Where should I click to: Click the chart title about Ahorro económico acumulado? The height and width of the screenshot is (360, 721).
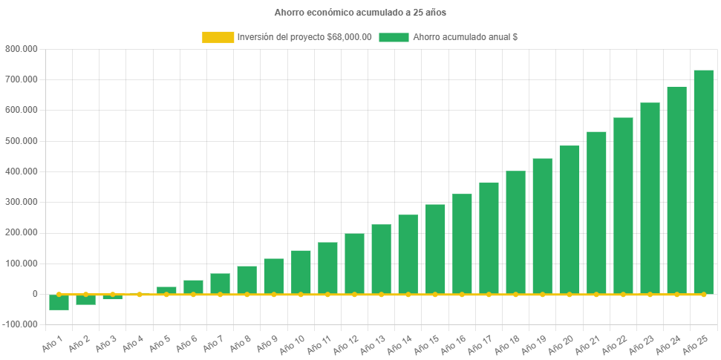tap(360, 13)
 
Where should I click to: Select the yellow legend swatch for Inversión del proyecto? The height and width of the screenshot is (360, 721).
tap(218, 37)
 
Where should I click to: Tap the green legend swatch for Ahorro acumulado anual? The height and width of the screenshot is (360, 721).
tap(394, 37)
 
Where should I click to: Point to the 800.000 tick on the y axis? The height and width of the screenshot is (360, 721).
tap(22, 49)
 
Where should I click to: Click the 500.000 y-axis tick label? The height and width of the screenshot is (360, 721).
tap(22, 141)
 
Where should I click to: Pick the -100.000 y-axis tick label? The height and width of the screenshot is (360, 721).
tap(20, 325)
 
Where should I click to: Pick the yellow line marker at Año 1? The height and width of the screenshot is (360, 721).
tap(59, 295)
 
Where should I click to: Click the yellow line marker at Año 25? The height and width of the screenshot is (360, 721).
tap(703, 295)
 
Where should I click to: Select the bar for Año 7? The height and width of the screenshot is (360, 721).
tap(220, 284)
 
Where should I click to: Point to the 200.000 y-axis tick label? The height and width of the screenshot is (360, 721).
tap(22, 233)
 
